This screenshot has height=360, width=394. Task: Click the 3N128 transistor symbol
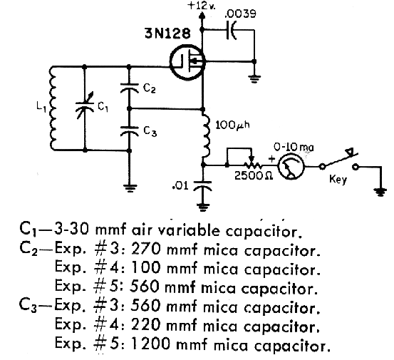pyautogui.click(x=187, y=62)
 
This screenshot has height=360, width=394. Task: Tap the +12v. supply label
pyautogui.click(x=202, y=6)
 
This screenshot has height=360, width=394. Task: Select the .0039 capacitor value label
pyautogui.click(x=240, y=14)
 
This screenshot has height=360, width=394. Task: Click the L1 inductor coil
pyautogui.click(x=53, y=108)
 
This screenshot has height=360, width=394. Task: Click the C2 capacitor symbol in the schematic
pyautogui.click(x=130, y=88)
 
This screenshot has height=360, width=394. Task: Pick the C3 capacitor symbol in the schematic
pyautogui.click(x=130, y=130)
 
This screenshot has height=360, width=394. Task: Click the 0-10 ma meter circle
pyautogui.click(x=291, y=166)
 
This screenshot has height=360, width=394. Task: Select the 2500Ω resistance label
pyautogui.click(x=254, y=176)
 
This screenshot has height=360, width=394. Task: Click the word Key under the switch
pyautogui.click(x=338, y=180)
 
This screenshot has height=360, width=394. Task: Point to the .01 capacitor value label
pyautogui.click(x=180, y=186)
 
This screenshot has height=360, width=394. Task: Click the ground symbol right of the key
pyautogui.click(x=381, y=192)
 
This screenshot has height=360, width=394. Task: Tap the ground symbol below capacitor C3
pyautogui.click(x=130, y=188)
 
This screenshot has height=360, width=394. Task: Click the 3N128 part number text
pyautogui.click(x=167, y=34)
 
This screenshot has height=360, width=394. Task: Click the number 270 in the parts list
pyautogui.click(x=146, y=249)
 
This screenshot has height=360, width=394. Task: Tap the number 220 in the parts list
pyautogui.click(x=146, y=324)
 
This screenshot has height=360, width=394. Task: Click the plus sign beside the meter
pyautogui.click(x=272, y=159)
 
